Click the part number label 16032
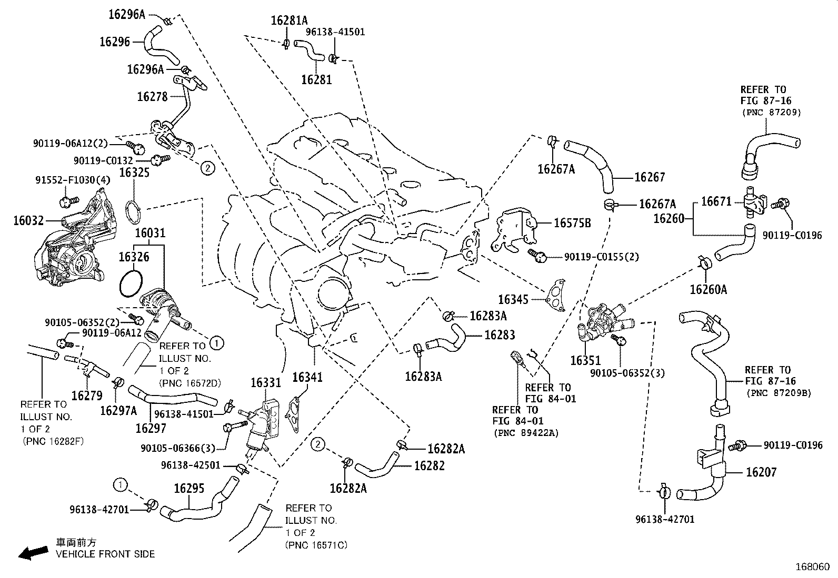click(x=28, y=220)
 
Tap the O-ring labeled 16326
click(x=130, y=284)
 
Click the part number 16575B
click(x=572, y=224)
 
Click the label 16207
click(x=761, y=472)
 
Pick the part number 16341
click(x=307, y=377)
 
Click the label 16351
click(x=585, y=361)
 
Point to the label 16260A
click(x=709, y=289)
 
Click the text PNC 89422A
click(x=525, y=433)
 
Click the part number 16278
click(x=152, y=97)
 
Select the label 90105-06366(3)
click(x=178, y=448)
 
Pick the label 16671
click(x=716, y=201)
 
